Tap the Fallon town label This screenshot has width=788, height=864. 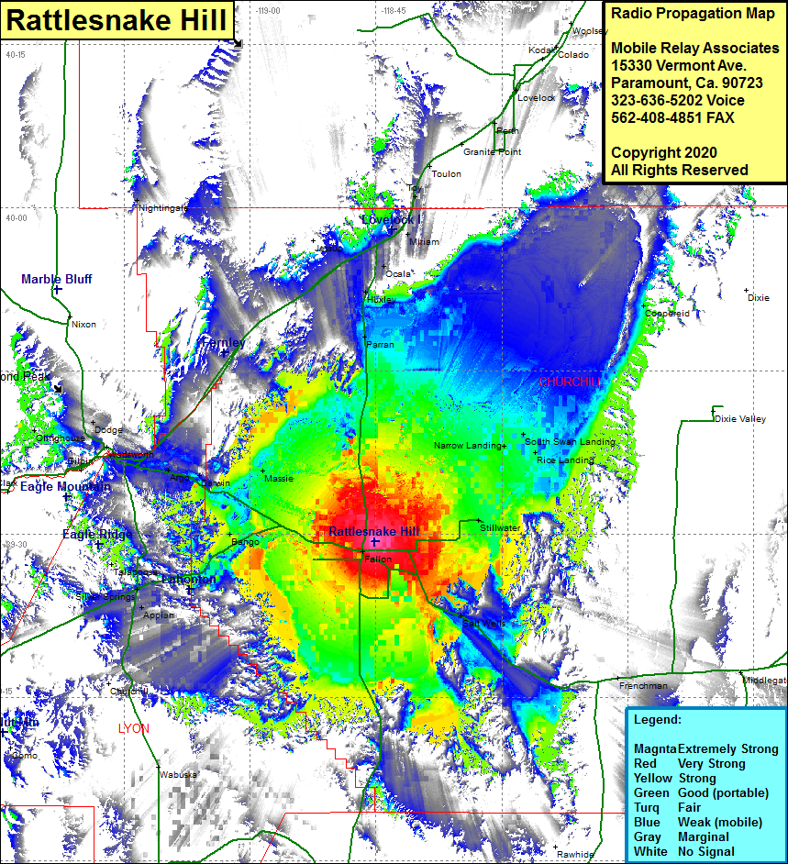pos(378,559)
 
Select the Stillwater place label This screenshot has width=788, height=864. pos(500,528)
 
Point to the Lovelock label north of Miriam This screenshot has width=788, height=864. pos(388,219)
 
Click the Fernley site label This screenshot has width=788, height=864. pos(223,342)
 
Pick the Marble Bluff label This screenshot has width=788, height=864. pos(57,279)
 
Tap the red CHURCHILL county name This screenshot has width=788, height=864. pos(572,382)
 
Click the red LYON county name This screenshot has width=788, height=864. pos(134,728)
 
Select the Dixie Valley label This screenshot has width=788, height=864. pos(739,419)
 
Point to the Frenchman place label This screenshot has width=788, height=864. pos(643,686)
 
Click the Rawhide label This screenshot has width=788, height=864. pos(575,854)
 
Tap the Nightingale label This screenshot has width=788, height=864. pos(163,208)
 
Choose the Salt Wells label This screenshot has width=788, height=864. pos(483,624)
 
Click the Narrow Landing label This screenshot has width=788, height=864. pos(469,446)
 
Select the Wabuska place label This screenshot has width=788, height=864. pos(178,775)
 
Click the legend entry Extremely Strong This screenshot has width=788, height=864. pos(705,748)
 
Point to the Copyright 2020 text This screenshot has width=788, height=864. pos(664,152)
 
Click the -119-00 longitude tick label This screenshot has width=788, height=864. pos(269,10)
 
